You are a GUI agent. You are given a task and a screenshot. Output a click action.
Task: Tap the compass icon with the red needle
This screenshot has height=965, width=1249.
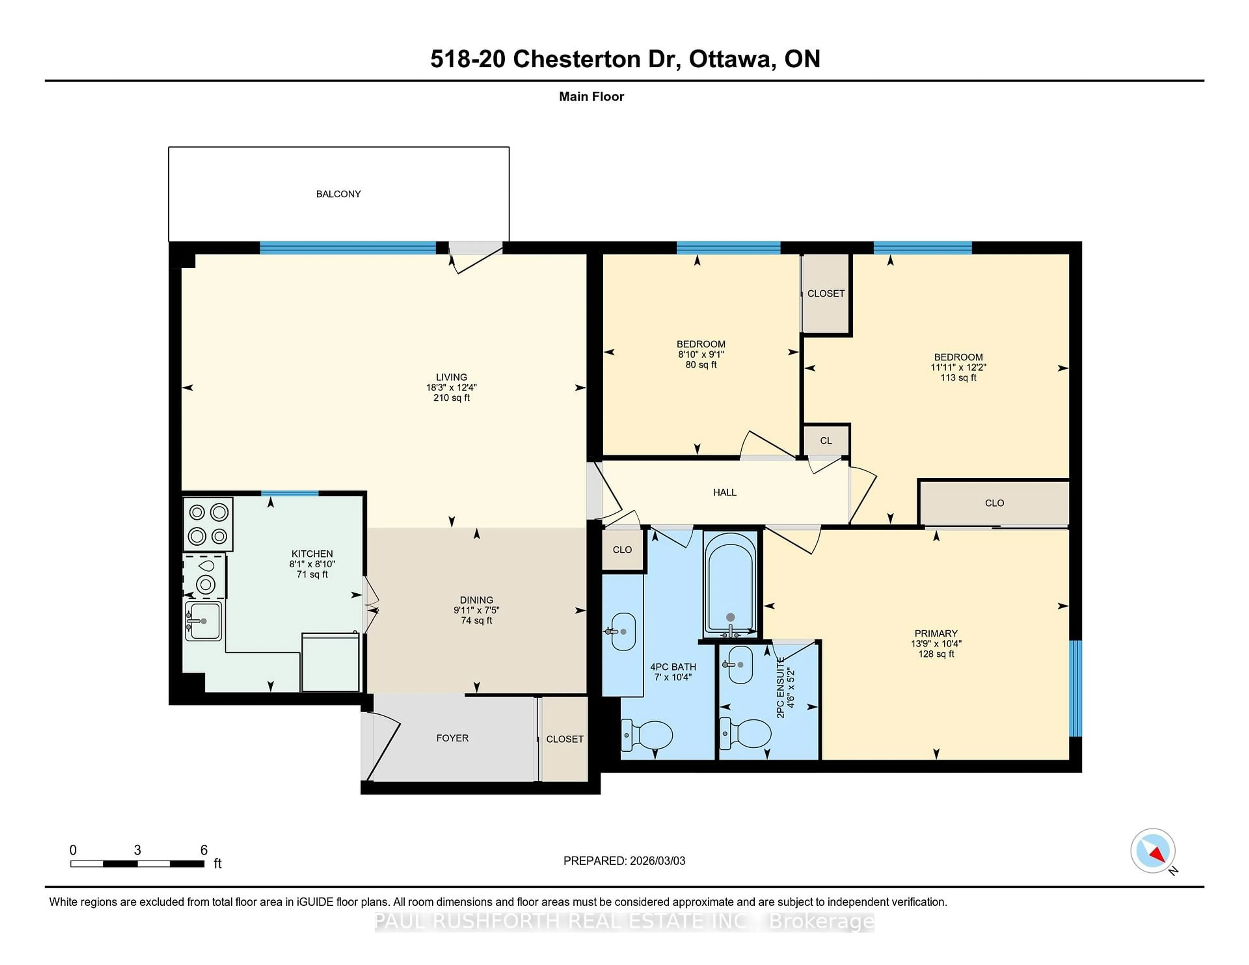(x=1152, y=851)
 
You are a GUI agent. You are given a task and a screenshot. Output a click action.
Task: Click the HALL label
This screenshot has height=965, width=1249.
(x=725, y=492)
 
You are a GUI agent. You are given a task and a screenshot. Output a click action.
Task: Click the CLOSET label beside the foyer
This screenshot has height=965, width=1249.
(x=564, y=739)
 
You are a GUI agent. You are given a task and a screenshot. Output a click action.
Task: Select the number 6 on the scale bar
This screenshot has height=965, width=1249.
(x=204, y=850)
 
